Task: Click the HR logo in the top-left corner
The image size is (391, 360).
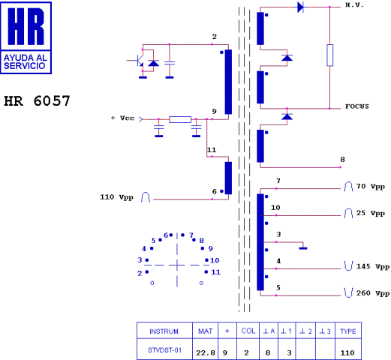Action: pyautogui.click(x=29, y=37)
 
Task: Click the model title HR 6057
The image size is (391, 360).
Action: pyautogui.click(x=38, y=100)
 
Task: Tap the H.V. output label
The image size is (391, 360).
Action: pyautogui.click(x=354, y=5)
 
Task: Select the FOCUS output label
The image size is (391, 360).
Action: pyautogui.click(x=359, y=106)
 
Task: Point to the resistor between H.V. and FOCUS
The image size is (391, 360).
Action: pyautogui.click(x=329, y=55)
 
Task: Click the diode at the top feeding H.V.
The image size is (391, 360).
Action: pyautogui.click(x=300, y=7)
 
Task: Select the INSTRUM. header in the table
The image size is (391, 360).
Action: pyautogui.click(x=164, y=331)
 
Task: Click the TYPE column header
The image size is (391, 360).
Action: pyautogui.click(x=347, y=331)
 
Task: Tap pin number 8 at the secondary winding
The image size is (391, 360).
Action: pyautogui.click(x=342, y=159)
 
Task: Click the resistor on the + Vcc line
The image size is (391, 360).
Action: pyautogui.click(x=180, y=119)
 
